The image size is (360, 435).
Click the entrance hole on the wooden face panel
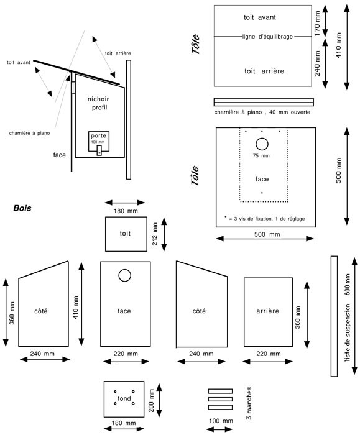pyautogui.click(x=124, y=275)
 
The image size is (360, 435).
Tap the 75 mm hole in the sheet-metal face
pyautogui.click(x=262, y=144)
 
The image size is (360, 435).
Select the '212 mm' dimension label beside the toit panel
pyautogui.click(x=155, y=234)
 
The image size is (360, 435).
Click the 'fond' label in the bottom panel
pyautogui.click(x=124, y=398)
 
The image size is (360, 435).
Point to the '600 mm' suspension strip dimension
pyautogui.click(x=347, y=285)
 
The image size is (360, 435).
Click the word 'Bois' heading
pyautogui.click(x=22, y=208)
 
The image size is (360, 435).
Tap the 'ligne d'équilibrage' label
pyautogui.click(x=267, y=37)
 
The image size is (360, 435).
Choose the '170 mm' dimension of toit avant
pyautogui.click(x=317, y=24)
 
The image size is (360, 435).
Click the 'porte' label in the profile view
pyautogui.click(x=98, y=135)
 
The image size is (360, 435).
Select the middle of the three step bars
pyautogui.click(x=220, y=399)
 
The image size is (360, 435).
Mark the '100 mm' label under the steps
pyautogui.click(x=221, y=421)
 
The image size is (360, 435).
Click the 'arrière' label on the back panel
pyautogui.click(x=267, y=311)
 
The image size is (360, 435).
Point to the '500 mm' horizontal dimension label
pyautogui.click(x=267, y=234)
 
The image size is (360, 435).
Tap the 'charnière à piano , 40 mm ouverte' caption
pyautogui.click(x=262, y=112)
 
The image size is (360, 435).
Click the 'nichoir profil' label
pyautogui.click(x=99, y=103)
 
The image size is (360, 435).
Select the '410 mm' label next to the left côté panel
pyautogui.click(x=76, y=308)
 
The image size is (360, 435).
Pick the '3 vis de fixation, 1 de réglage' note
pyautogui.click(x=267, y=219)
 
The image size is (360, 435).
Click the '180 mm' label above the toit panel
pyautogui.click(x=126, y=211)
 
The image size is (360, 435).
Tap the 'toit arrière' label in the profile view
pyautogui.click(x=118, y=53)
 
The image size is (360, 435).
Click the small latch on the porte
pyautogui.click(x=99, y=150)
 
